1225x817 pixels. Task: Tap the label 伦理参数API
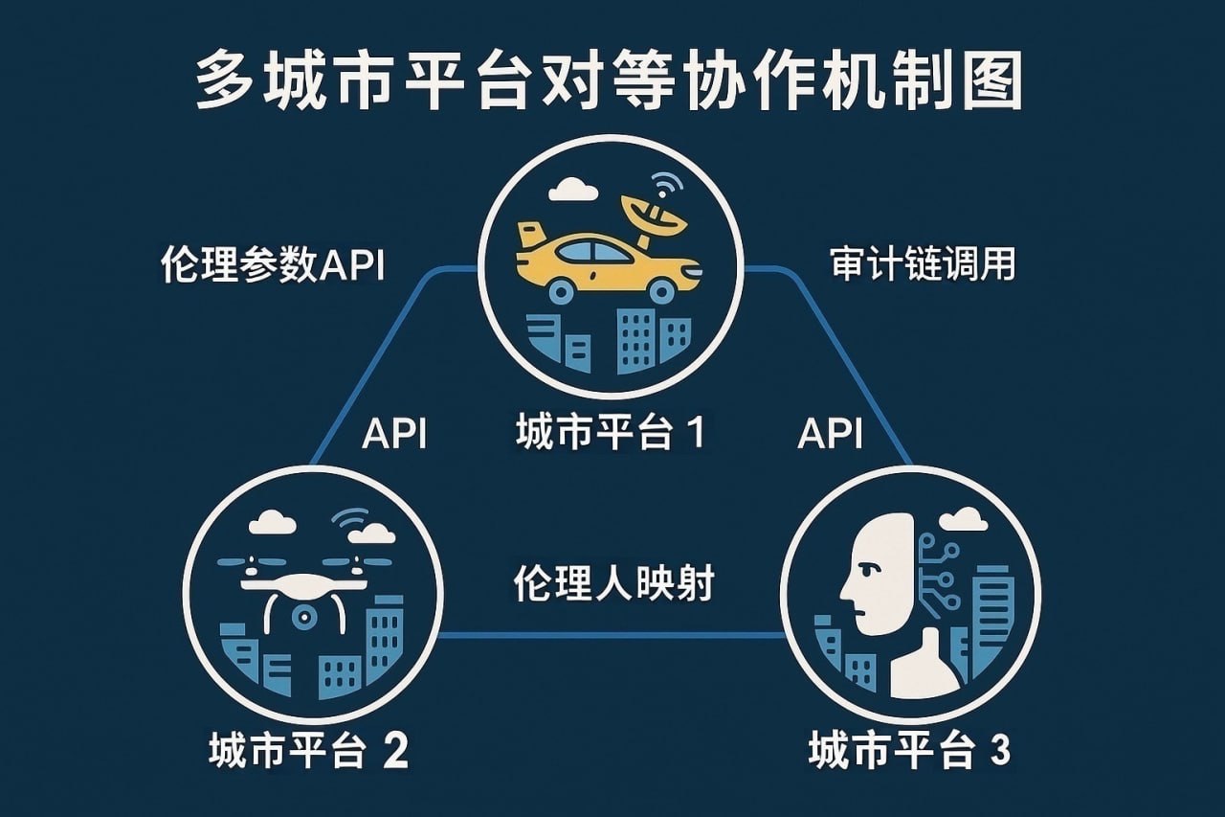coord(273,264)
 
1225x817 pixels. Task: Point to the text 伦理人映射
coord(613,582)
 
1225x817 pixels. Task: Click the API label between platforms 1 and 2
coord(394,434)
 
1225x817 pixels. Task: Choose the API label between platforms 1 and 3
coord(830,434)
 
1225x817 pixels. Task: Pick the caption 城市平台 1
coord(611,433)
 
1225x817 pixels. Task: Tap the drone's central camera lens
coord(305,615)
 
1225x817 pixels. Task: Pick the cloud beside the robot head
coord(962,520)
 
